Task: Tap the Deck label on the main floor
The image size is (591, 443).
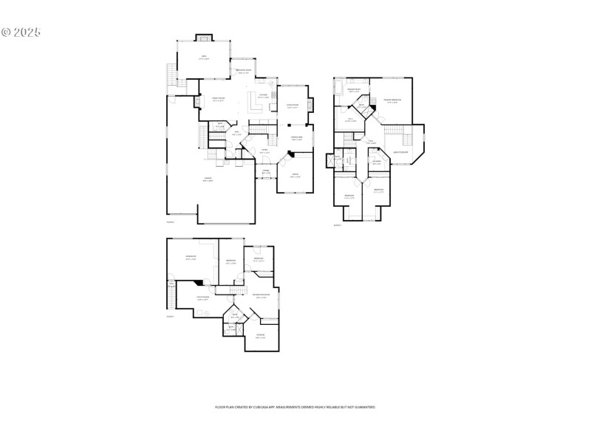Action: pyautogui.click(x=204, y=58)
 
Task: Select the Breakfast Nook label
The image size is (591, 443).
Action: pyautogui.click(x=244, y=71)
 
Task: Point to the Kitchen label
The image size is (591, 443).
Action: pyautogui.click(x=263, y=95)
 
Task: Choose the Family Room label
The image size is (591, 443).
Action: pyautogui.click(x=219, y=99)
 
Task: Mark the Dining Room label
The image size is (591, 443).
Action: pyautogui.click(x=295, y=138)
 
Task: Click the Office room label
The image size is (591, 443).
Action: pyautogui.click(x=295, y=176)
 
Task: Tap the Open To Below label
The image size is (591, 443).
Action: pyautogui.click(x=401, y=152)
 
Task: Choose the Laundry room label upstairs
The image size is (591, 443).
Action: pyautogui.click(x=377, y=162)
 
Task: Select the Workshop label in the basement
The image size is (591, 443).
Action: pyautogui.click(x=190, y=258)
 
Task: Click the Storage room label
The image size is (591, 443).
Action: pyautogui.click(x=260, y=336)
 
